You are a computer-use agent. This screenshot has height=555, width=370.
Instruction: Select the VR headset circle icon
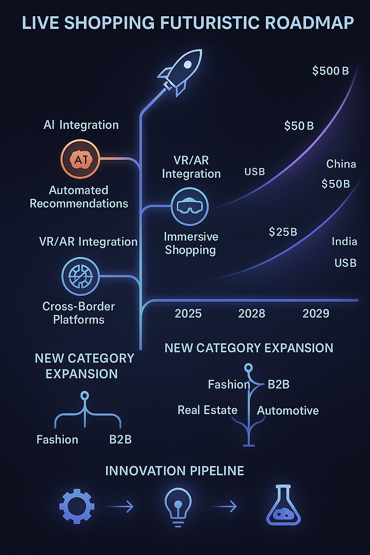tap(190, 206)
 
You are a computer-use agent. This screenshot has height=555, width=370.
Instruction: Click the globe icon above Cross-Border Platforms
tap(80, 276)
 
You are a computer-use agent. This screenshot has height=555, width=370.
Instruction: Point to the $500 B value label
tap(330, 70)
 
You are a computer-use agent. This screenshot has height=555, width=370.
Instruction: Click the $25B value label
tap(283, 232)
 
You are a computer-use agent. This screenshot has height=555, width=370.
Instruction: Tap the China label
tap(341, 164)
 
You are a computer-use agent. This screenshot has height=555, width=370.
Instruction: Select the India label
tap(344, 242)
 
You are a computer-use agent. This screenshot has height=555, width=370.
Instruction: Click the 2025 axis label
tap(188, 313)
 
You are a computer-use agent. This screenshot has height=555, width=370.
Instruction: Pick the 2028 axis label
tap(252, 313)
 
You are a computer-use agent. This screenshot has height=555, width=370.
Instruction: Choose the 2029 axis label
tap(316, 313)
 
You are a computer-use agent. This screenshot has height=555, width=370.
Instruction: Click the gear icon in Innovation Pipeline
tap(76, 507)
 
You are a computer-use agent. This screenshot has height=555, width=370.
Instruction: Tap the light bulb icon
tap(178, 507)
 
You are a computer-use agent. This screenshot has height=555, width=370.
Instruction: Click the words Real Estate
tap(207, 410)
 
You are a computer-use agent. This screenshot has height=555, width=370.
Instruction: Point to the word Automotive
tap(288, 410)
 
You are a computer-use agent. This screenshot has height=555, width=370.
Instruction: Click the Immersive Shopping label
tap(191, 243)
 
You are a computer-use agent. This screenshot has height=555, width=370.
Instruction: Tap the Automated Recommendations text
tap(79, 197)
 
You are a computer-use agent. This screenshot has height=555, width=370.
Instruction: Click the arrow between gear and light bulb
tap(117, 507)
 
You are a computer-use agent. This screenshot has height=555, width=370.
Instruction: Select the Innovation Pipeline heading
tap(174, 470)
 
